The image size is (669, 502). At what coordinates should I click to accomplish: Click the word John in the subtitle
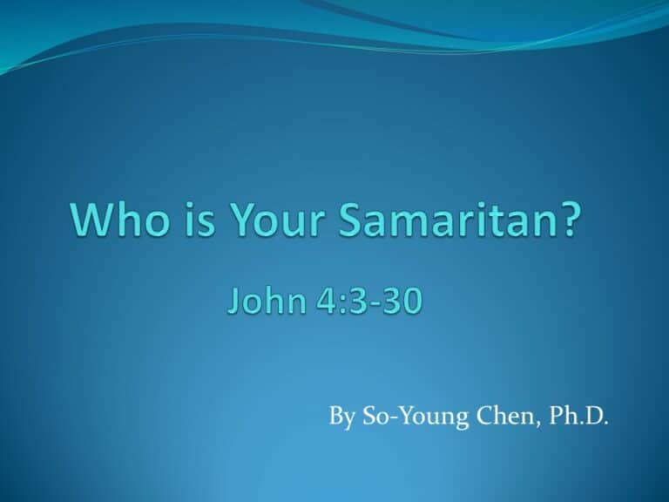coord(266,300)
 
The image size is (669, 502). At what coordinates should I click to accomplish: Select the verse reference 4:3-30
coord(369,301)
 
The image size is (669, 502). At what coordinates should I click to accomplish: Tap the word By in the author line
coord(341,417)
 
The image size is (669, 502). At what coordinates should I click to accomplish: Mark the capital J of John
coord(233,301)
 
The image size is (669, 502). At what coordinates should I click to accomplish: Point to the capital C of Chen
coord(485,416)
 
